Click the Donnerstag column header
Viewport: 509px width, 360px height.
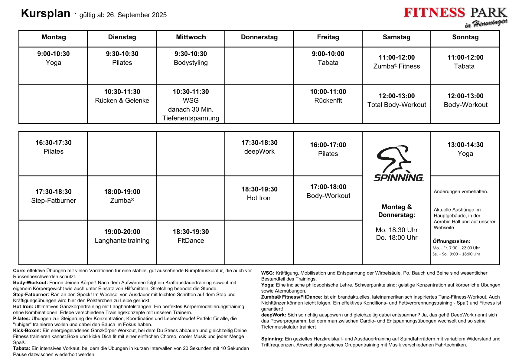(x=259, y=37)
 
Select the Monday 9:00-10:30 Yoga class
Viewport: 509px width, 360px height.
(x=54, y=58)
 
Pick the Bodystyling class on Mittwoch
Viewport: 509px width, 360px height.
(x=191, y=63)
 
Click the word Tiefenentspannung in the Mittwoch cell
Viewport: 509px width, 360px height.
(x=191, y=118)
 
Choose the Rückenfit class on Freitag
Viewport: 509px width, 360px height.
(x=328, y=100)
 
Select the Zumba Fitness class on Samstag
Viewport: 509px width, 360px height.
(x=396, y=66)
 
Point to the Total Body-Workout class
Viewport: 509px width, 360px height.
(x=396, y=105)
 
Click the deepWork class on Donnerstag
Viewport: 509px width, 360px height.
(x=259, y=151)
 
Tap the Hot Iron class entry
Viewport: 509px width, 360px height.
(x=259, y=198)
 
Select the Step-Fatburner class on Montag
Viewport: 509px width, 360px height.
(x=54, y=201)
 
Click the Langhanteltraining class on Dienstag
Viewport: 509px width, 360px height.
(x=122, y=241)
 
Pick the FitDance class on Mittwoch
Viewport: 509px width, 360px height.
(x=191, y=241)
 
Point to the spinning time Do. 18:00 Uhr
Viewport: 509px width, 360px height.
(x=396, y=238)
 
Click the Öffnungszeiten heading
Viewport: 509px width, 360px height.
(x=451, y=241)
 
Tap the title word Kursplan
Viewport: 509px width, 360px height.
(x=46, y=14)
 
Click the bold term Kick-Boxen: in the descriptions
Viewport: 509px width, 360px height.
(x=27, y=331)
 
